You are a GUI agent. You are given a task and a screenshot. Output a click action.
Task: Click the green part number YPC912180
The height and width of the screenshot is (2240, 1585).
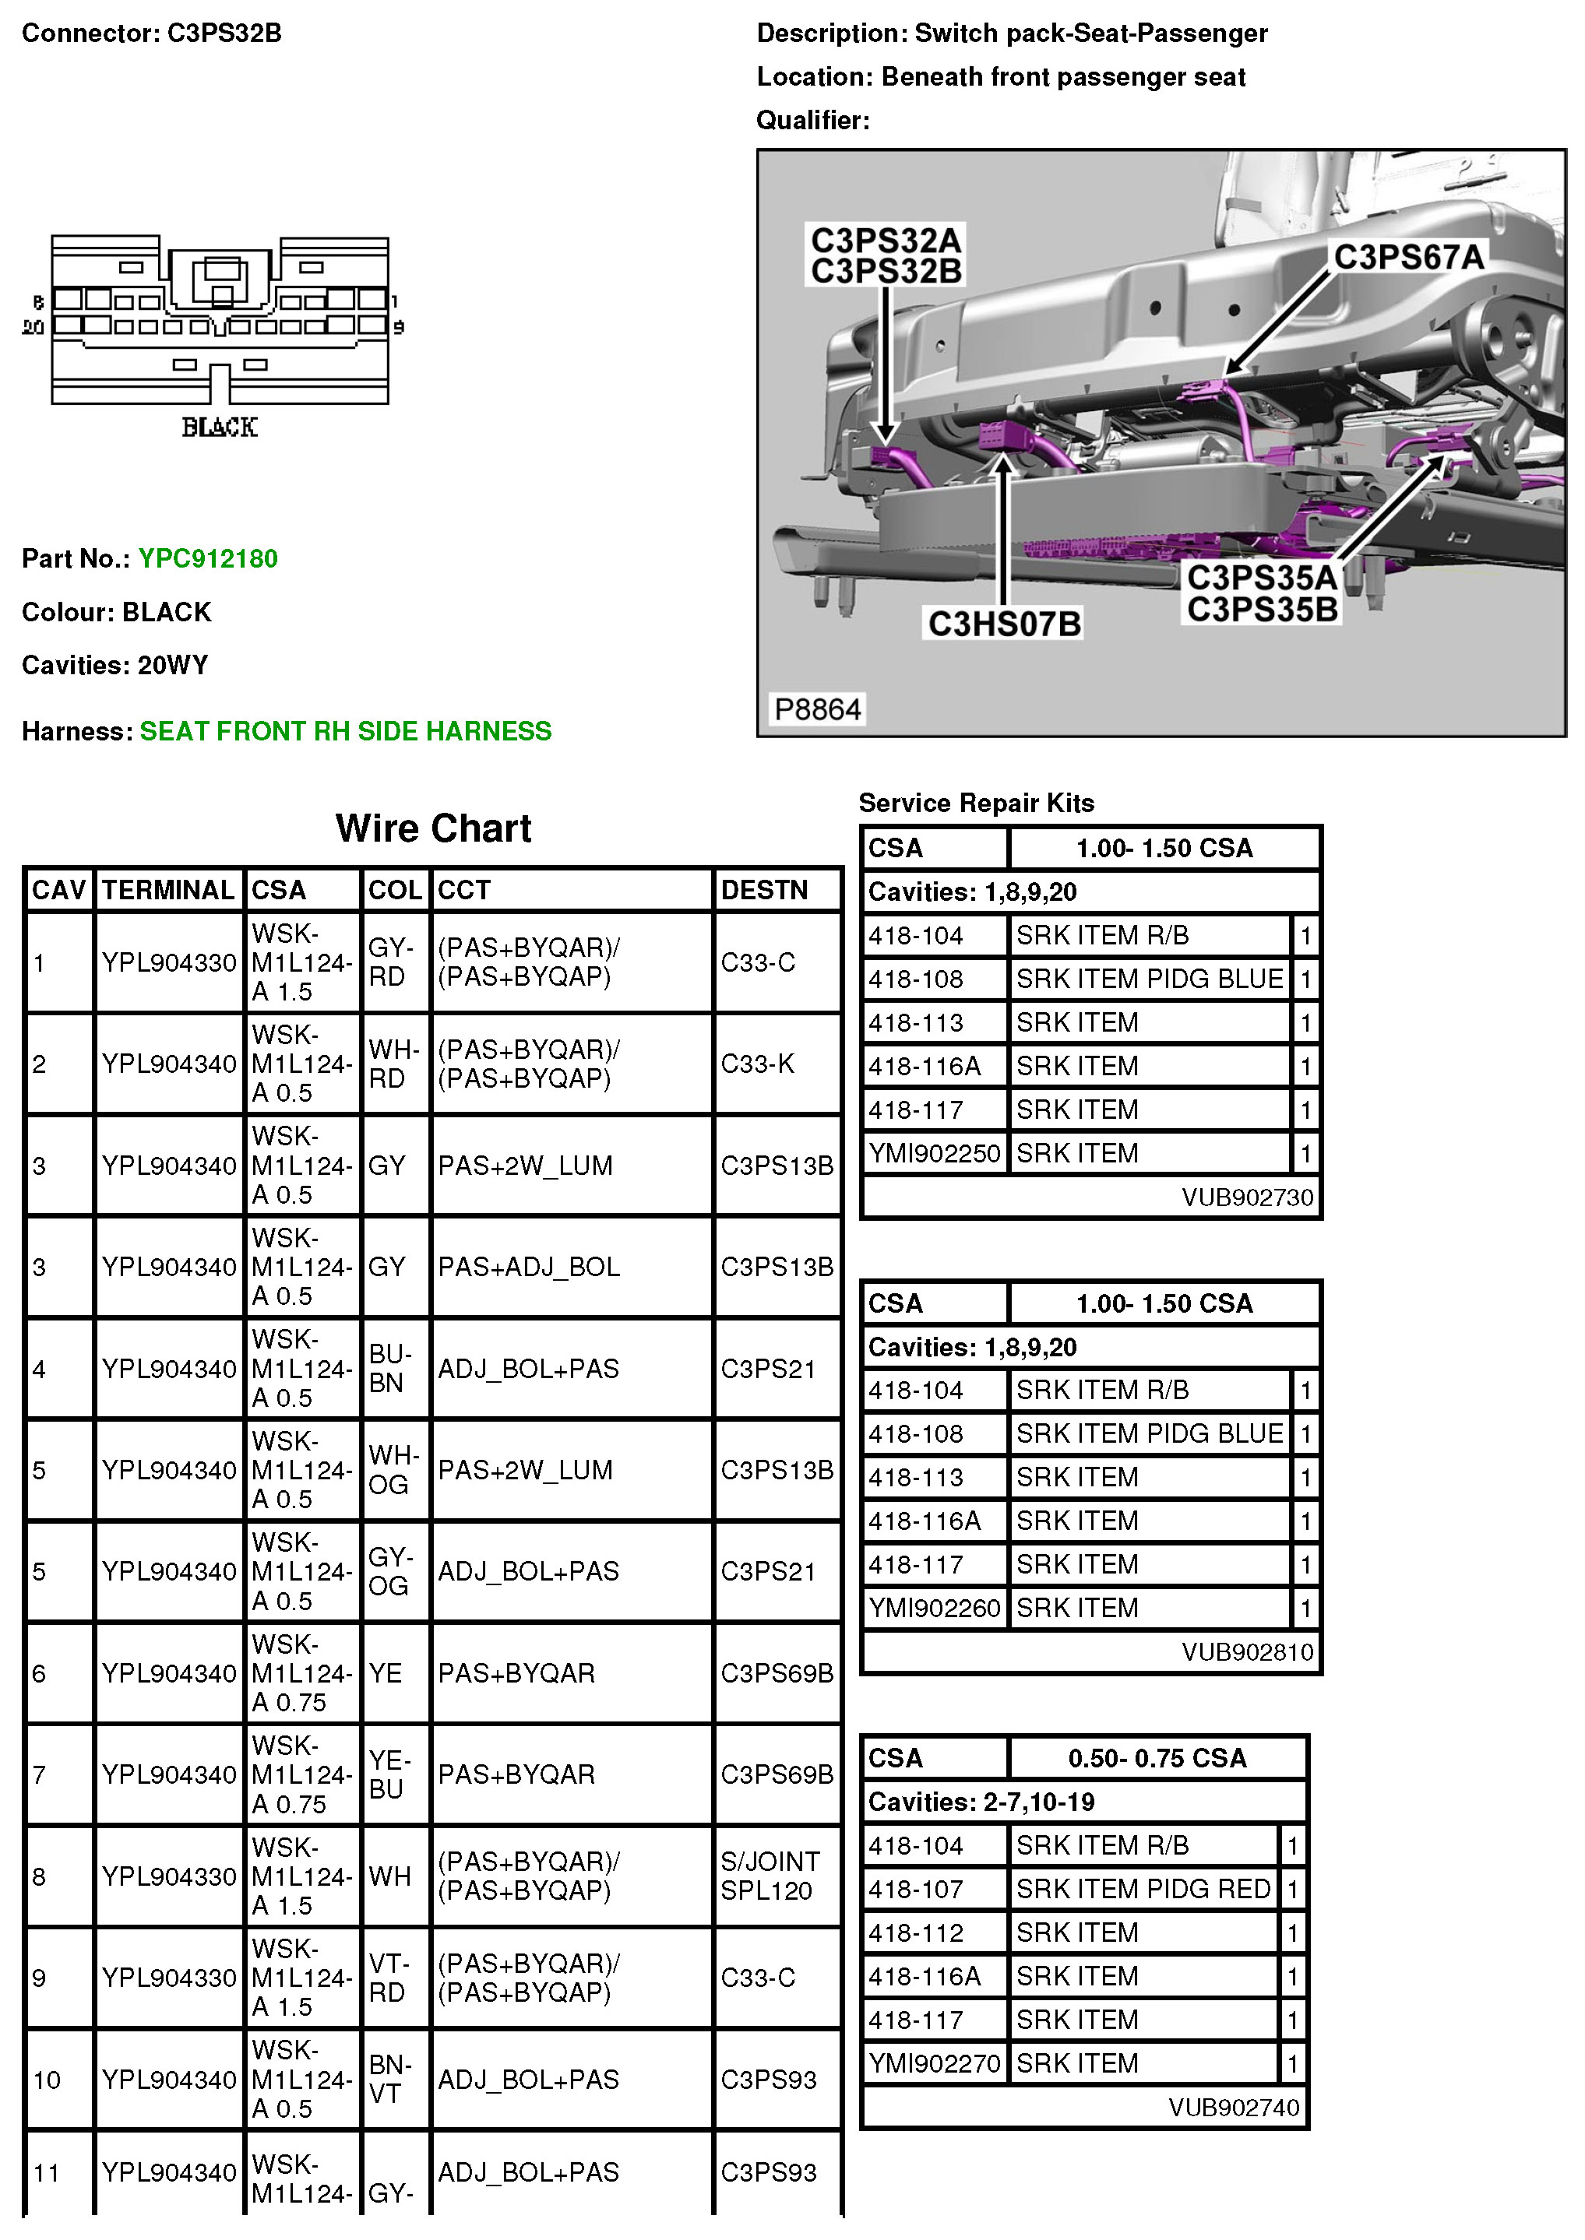tap(208, 558)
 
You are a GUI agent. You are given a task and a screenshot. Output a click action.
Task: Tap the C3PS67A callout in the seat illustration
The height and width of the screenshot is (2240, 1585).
tap(1408, 257)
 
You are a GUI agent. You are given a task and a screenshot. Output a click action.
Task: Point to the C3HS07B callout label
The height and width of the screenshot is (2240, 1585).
tap(1004, 624)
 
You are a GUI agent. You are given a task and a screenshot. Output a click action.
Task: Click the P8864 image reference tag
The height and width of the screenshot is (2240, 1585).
tap(817, 709)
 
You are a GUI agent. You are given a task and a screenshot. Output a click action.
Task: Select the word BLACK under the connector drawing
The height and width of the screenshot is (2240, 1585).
tap(220, 427)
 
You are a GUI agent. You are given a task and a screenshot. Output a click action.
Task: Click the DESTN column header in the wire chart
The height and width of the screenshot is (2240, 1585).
tap(764, 890)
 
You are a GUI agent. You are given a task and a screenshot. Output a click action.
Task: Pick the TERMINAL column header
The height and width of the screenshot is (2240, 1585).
tap(168, 890)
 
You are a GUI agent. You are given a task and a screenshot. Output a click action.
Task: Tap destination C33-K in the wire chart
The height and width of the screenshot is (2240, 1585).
tap(757, 1064)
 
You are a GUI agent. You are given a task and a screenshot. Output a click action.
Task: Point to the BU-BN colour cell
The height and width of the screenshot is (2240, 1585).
tap(389, 1368)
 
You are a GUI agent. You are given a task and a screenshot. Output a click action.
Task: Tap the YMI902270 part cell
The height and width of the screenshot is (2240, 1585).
tap(934, 2063)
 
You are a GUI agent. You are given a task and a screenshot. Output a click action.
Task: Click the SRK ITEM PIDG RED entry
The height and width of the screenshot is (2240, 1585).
tap(1143, 1889)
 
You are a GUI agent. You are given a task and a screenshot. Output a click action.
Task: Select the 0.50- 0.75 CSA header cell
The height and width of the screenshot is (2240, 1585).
tap(1157, 1758)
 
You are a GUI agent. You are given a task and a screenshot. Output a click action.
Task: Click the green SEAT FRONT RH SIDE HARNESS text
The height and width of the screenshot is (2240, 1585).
tap(346, 731)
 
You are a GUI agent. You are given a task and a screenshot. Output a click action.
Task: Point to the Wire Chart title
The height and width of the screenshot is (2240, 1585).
tap(433, 828)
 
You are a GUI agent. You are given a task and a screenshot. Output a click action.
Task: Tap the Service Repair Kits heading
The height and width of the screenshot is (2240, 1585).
tap(976, 803)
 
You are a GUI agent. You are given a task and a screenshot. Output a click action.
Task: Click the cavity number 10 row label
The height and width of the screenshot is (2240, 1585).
tap(47, 2080)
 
